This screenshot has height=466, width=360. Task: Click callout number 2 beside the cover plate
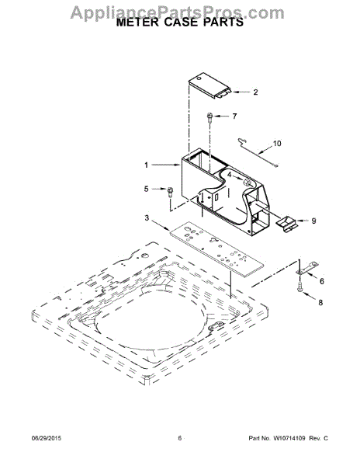255,92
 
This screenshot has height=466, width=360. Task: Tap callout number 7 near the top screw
235,116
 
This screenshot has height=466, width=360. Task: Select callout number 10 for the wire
277,144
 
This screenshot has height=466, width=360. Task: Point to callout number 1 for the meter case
147,165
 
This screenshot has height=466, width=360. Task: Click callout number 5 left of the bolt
147,189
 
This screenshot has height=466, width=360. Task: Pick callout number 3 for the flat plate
147,217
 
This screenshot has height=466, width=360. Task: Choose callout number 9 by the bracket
313,221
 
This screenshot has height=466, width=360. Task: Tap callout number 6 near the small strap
322,281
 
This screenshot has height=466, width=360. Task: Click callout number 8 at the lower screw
320,303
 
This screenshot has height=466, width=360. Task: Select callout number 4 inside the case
230,175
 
